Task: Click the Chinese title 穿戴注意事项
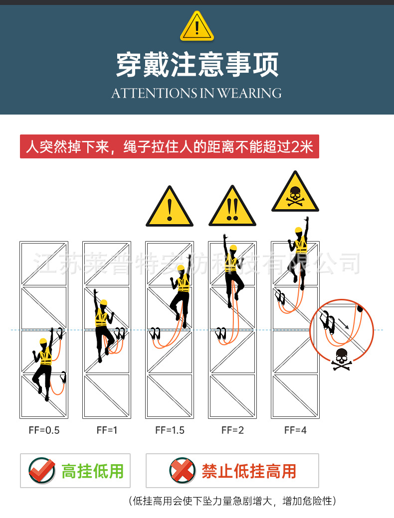click(x=197, y=65)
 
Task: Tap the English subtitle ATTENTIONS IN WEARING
click(x=197, y=93)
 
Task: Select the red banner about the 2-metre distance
click(x=169, y=147)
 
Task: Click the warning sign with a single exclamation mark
click(x=170, y=208)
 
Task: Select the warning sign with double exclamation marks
click(x=232, y=208)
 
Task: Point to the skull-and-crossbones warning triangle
click(x=295, y=193)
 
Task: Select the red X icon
click(x=182, y=470)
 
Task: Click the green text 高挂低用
click(x=92, y=471)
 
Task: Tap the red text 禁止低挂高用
click(x=249, y=471)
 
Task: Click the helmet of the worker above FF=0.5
click(x=43, y=341)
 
